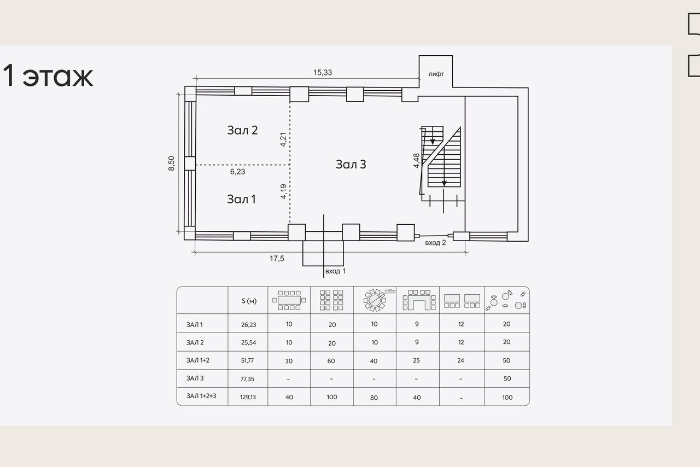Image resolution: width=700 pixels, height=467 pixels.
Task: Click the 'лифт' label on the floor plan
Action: pyautogui.click(x=436, y=74)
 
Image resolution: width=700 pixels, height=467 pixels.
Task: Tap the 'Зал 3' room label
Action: pyautogui.click(x=351, y=164)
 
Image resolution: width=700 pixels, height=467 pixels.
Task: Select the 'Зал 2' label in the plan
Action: pyautogui.click(x=242, y=130)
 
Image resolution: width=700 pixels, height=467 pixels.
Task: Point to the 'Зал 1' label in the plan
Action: pyautogui.click(x=241, y=199)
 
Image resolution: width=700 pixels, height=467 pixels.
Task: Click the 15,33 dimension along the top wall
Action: pyautogui.click(x=323, y=73)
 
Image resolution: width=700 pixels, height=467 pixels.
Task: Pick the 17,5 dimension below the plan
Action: pyautogui.click(x=277, y=259)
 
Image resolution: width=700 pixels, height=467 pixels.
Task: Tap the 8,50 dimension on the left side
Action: pyautogui.click(x=172, y=164)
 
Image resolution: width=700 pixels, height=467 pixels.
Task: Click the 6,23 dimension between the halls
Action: pyautogui.click(x=237, y=172)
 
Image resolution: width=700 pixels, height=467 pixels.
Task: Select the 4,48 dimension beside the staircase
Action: pyautogui.click(x=416, y=161)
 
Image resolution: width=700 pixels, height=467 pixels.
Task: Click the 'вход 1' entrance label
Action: pyautogui.click(x=335, y=271)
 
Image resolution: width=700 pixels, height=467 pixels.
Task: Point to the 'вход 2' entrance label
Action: pyautogui.click(x=435, y=243)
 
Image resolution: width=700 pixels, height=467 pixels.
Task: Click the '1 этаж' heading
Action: pyautogui.click(x=48, y=75)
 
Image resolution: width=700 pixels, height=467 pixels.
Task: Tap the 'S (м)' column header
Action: pyautogui.click(x=249, y=301)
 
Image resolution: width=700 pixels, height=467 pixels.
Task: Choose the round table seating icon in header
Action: pyautogui.click(x=375, y=300)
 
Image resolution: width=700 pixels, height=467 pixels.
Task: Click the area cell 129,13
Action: pyautogui.click(x=248, y=397)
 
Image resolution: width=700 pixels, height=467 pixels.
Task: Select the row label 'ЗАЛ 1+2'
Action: pyautogui.click(x=198, y=360)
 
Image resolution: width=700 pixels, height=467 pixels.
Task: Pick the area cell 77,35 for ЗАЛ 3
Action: pyautogui.click(x=247, y=379)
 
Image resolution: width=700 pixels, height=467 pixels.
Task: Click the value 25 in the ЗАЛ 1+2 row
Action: pyautogui.click(x=416, y=360)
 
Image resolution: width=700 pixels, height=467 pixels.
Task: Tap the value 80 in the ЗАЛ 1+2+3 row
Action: pyautogui.click(x=374, y=398)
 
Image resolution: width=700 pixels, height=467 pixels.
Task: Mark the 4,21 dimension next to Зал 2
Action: pyautogui.click(x=283, y=139)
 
